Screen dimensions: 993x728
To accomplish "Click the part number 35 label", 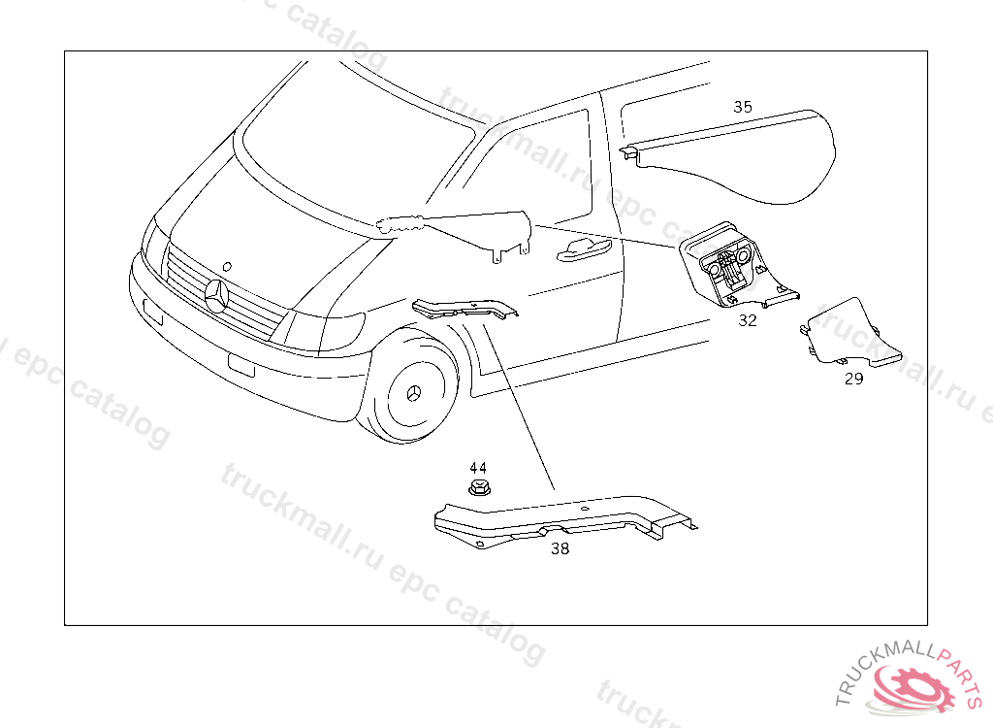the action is coord(742,107).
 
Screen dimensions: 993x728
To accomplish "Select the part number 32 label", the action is coord(747,320).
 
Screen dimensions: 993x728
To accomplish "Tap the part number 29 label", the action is coord(853,379).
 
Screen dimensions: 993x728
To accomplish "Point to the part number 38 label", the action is coord(561,548).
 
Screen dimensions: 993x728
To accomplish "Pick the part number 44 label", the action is coord(478,468).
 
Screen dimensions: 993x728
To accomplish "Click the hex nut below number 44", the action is coord(477,486).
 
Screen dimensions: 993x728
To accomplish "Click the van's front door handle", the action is coord(582,251).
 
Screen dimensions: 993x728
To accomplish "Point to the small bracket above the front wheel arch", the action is coord(464,309).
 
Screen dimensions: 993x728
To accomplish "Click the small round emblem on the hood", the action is coord(226,263).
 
